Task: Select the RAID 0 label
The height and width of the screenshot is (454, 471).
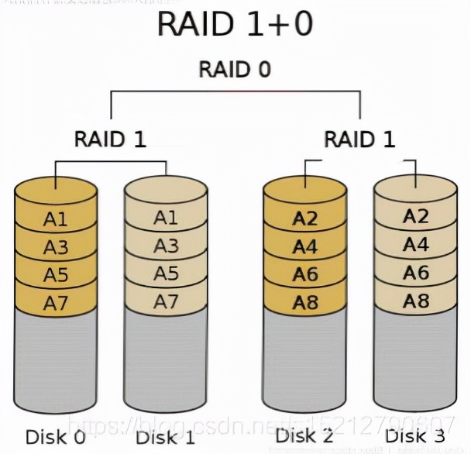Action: pos(235,69)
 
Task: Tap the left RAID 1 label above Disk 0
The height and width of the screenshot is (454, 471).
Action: pos(110,139)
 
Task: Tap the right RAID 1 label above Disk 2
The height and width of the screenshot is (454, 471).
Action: pos(359,139)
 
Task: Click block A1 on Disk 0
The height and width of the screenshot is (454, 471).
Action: pos(56,219)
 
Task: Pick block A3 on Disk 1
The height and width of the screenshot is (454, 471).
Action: pos(166,246)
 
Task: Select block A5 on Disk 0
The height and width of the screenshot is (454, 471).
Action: pos(56,275)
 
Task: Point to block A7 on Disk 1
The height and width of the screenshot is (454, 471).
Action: pos(166,301)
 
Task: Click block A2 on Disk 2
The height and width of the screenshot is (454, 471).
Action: pos(305,219)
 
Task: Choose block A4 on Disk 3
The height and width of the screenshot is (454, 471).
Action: pos(415,245)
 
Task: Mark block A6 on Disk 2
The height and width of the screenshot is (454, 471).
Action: pos(305,275)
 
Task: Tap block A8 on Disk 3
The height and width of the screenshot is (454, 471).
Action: pos(415,299)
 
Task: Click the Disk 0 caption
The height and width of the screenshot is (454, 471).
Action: pos(55,436)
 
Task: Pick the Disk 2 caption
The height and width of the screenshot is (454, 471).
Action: pos(304,436)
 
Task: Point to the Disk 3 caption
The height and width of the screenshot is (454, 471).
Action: pos(415,436)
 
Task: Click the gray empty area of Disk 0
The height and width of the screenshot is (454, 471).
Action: pos(56,356)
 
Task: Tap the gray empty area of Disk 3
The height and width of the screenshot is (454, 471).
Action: pos(415,356)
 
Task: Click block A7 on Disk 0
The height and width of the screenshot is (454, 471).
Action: pos(56,303)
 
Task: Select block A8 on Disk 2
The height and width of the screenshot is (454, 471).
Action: pos(305,303)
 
